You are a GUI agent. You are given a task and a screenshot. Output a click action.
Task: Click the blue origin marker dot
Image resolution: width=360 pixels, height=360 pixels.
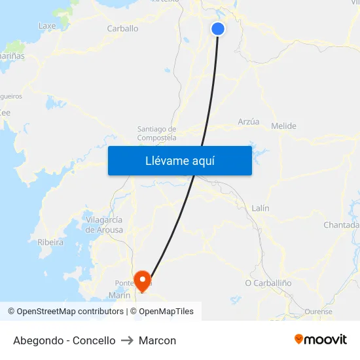pyautogui.click(x=218, y=29)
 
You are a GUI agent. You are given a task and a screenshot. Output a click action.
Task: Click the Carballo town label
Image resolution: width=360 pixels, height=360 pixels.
pyautogui.click(x=122, y=29)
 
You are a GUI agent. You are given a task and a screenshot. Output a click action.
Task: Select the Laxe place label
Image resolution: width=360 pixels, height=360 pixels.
pyautogui.click(x=47, y=26)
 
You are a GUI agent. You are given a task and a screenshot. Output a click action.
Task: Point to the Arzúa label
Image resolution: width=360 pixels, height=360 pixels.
pyautogui.click(x=248, y=122)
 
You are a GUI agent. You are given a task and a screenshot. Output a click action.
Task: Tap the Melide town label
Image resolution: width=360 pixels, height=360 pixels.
pyautogui.click(x=283, y=126)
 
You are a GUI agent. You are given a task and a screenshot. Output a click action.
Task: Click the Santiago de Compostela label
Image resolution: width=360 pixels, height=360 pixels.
pyautogui.click(x=156, y=134)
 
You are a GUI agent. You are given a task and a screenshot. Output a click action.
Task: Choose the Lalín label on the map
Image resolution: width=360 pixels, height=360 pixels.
pyautogui.click(x=261, y=208)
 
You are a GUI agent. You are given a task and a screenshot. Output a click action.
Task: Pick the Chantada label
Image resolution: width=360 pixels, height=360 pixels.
pyautogui.click(x=341, y=225)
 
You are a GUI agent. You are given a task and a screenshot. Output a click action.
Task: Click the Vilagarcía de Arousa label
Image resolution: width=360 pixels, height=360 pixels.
pyautogui.click(x=104, y=225)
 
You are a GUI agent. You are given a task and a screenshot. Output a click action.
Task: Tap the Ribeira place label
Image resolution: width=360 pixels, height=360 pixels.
pyautogui.click(x=50, y=242)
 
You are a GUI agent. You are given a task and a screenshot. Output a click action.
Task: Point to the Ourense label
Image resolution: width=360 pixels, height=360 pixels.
pyautogui.click(x=319, y=312)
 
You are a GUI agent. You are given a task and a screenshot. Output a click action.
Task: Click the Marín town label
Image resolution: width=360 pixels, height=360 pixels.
pyautogui.click(x=120, y=295)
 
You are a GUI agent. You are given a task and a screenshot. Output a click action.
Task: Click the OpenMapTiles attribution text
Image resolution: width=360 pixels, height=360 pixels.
pyautogui.click(x=166, y=312)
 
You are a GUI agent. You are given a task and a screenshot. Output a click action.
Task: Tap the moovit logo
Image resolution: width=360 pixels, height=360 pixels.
pyautogui.click(x=320, y=340)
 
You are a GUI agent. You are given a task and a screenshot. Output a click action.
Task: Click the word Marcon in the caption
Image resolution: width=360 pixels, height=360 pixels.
pyautogui.click(x=158, y=340)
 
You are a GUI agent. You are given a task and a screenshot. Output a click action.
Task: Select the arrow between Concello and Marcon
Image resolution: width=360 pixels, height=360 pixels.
pyautogui.click(x=127, y=340)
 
